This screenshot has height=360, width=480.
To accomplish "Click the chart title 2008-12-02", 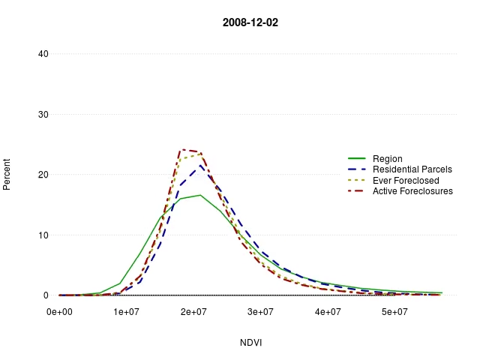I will [250, 22].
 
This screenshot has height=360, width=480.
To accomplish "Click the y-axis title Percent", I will [7, 173].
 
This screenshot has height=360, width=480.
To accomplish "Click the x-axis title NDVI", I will [250, 343].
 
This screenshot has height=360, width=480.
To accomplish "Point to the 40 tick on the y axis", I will [43, 54].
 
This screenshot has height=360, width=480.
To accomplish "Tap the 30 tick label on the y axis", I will [43, 115].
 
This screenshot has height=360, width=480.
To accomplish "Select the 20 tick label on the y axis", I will [43, 175].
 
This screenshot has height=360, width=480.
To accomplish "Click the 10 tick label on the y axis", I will [43, 235].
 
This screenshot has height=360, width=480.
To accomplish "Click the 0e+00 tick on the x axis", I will [59, 311].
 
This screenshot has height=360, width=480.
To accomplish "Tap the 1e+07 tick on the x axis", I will [126, 311].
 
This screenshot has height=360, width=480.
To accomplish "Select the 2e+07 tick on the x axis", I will [193, 311].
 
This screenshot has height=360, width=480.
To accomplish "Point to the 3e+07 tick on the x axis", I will [260, 311].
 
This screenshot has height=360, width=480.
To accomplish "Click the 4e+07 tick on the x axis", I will [328, 311].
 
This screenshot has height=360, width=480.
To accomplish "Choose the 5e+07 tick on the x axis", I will [394, 311].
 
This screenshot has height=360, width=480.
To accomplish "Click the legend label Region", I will [387, 159].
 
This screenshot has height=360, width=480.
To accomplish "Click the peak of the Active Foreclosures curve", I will [182, 149].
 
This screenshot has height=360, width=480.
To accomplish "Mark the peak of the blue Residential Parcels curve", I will [200, 165].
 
